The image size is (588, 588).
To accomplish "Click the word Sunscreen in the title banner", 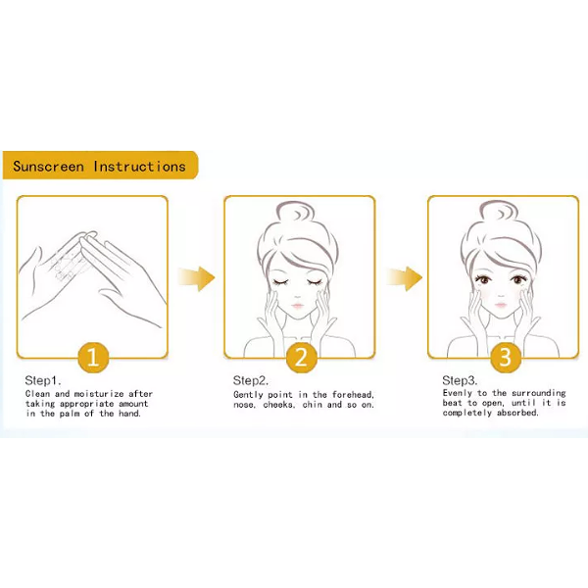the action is tap(48, 167).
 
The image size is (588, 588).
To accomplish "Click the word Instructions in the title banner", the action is tap(139, 167).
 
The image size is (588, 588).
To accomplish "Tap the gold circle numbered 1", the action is tap(93, 358).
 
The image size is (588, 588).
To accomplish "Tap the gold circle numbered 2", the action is tap(302, 358).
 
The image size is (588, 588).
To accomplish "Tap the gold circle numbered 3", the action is tap(506, 358).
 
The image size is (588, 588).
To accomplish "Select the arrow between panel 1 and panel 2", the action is tap(197, 278).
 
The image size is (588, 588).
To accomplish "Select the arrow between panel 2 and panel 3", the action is tap(404, 278).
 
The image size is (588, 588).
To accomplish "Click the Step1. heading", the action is tap(43, 380).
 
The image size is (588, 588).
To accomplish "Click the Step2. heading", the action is tap(251, 380).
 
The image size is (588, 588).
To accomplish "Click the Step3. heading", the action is tap(460, 380).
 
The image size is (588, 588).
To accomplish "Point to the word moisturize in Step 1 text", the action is tap(99, 394).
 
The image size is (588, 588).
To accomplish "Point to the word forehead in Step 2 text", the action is tap(353, 395).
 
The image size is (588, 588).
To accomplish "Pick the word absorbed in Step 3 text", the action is tap(517, 413).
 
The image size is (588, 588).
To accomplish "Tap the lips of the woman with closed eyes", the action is tap(297, 305).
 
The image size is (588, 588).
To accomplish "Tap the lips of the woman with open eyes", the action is tap(501, 304).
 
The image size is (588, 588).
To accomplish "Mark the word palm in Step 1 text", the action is tap(70, 414).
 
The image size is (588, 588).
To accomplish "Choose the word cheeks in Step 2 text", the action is tap(278, 405).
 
